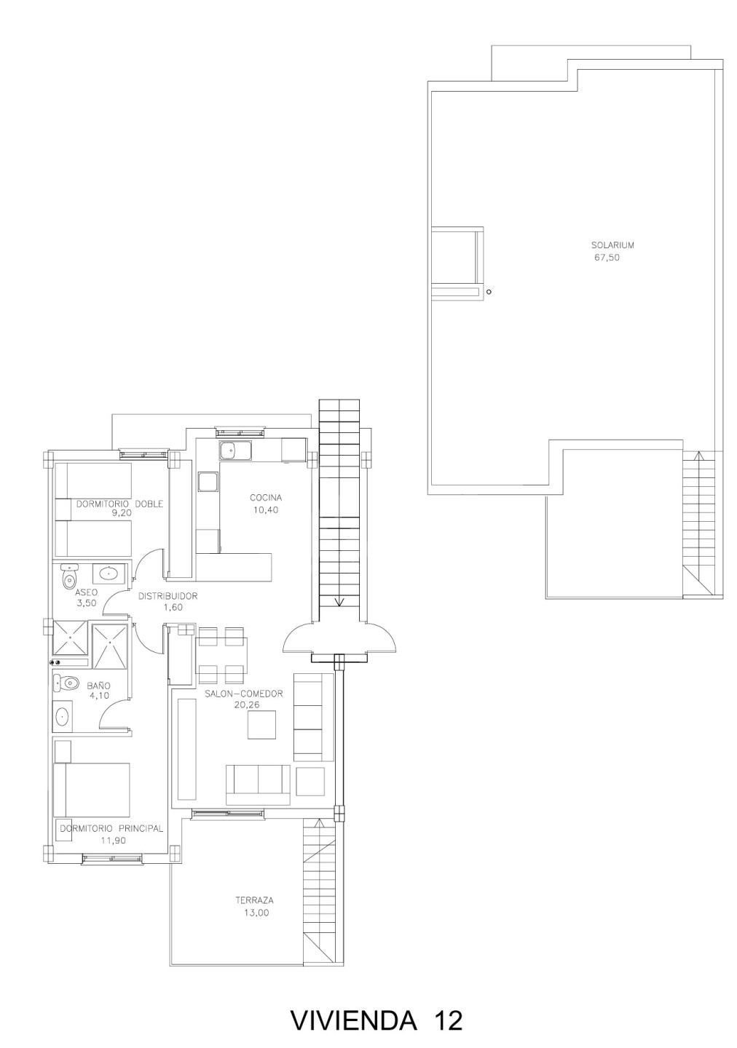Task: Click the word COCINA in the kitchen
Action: (x=266, y=497)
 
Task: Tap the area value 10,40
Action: (x=266, y=510)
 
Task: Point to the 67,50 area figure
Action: (x=607, y=258)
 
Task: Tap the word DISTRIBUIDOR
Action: (x=168, y=596)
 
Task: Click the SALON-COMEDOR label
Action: (x=244, y=694)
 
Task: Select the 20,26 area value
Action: (x=247, y=704)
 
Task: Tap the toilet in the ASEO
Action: (x=69, y=576)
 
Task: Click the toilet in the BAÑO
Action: (x=65, y=683)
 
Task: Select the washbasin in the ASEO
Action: (x=109, y=572)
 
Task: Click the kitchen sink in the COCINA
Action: (x=234, y=450)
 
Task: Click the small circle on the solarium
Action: (x=489, y=292)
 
